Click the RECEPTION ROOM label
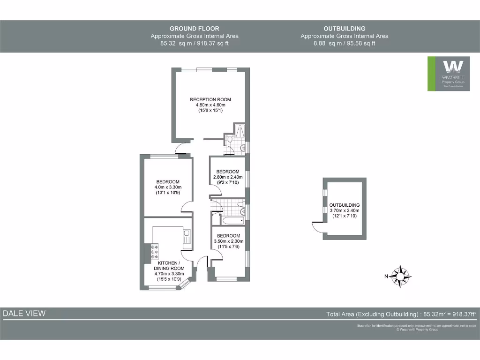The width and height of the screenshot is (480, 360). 210,99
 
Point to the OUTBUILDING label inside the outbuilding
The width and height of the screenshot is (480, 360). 345,205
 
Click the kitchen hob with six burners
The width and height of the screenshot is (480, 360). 154,252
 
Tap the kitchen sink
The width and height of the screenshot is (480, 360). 186,236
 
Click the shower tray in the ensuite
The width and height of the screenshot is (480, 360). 240,131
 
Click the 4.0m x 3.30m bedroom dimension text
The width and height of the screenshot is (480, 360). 168,187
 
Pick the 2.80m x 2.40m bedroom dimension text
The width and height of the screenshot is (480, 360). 228,177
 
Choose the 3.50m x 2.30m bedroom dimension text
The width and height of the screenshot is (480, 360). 229,241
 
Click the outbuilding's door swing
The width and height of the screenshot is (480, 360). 318,226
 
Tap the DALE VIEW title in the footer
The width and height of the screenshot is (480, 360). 24,314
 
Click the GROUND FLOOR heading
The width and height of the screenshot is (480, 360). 195,29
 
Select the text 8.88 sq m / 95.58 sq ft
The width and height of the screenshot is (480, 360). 345,43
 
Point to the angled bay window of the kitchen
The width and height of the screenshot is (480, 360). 185,283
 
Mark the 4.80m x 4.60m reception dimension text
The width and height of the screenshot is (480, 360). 210,105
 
